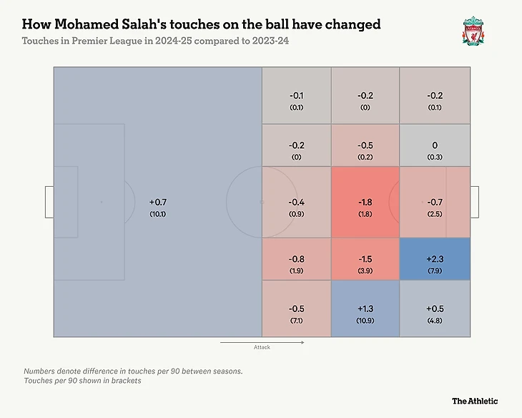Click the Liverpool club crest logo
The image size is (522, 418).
pyautogui.click(x=473, y=31)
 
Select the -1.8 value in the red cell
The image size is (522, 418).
pyautogui.click(x=365, y=203)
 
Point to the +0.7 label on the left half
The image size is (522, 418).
pyautogui.click(x=158, y=203)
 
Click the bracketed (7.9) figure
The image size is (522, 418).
pyautogui.click(x=435, y=270)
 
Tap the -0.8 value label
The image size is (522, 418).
pyautogui.click(x=296, y=258)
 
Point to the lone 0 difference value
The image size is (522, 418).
pyautogui.click(x=435, y=145)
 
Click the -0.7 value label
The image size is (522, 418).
pyautogui.click(x=435, y=203)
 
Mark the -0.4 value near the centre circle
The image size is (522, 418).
pyautogui.click(x=296, y=203)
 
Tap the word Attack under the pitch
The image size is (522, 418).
pyautogui.click(x=262, y=348)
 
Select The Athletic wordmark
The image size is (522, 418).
pyautogui.click(x=474, y=401)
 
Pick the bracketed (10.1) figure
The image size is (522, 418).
pyautogui.click(x=158, y=214)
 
